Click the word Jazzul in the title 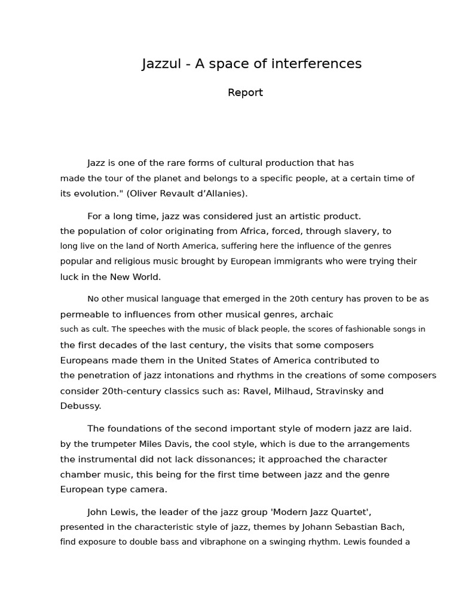(x=161, y=64)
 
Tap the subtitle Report (x=245, y=92)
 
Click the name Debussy (x=80, y=406)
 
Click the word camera (x=148, y=490)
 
